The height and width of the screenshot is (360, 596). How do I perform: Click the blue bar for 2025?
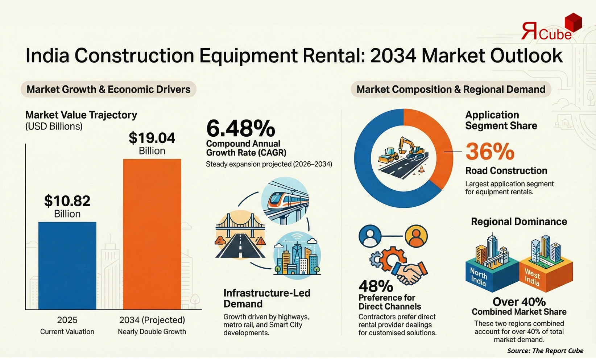pyautogui.click(x=67, y=265)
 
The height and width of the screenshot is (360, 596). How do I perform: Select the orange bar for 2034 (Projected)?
pyautogui.click(x=152, y=234)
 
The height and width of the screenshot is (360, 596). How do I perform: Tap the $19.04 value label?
pyautogui.click(x=152, y=138)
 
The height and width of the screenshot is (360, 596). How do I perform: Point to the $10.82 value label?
pyautogui.click(x=67, y=201)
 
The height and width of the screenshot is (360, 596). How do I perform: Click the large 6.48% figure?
pyautogui.click(x=240, y=128)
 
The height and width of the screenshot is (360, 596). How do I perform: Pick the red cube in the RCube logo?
pyautogui.click(x=573, y=22)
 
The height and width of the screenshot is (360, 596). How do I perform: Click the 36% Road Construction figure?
pyautogui.click(x=490, y=152)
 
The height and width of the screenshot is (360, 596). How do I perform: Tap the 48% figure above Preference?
pyautogui.click(x=376, y=286)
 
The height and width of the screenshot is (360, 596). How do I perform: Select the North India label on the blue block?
pyautogui.click(x=478, y=276)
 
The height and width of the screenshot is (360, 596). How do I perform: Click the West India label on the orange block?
pyautogui.click(x=532, y=277)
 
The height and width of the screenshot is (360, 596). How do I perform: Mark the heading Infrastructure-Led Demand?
pyautogui.click(x=267, y=298)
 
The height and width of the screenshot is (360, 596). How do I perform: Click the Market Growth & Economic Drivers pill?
pyautogui.click(x=108, y=90)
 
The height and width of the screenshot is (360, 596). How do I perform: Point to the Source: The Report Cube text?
pyautogui.click(x=545, y=351)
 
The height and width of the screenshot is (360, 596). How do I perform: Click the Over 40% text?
pyautogui.click(x=519, y=302)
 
